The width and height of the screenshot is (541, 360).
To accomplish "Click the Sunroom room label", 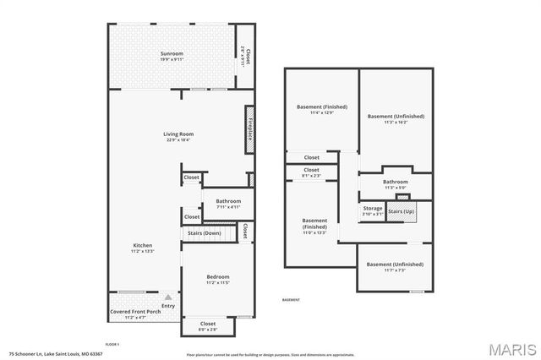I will coord(172,55).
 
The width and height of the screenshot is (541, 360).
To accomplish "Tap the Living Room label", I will coord(178,134).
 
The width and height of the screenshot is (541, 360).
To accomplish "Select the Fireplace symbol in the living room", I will coord(250,129).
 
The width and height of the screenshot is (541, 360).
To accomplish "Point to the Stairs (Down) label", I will coord(204,232).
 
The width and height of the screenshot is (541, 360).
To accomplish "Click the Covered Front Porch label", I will coord(135,312).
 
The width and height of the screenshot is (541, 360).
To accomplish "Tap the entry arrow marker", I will coord(168,297).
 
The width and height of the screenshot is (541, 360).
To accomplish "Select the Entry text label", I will coord(168,306).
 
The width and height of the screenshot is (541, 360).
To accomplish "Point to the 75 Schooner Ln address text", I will coord(56,354).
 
